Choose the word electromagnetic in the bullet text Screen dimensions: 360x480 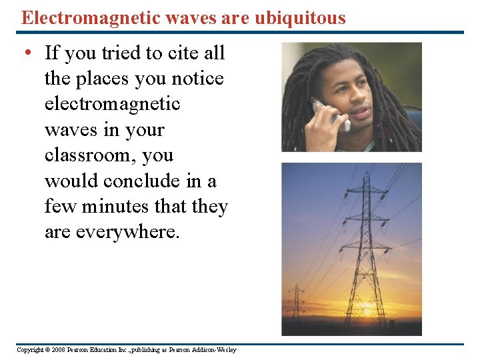(112, 104)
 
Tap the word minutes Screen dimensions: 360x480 (116, 207)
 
